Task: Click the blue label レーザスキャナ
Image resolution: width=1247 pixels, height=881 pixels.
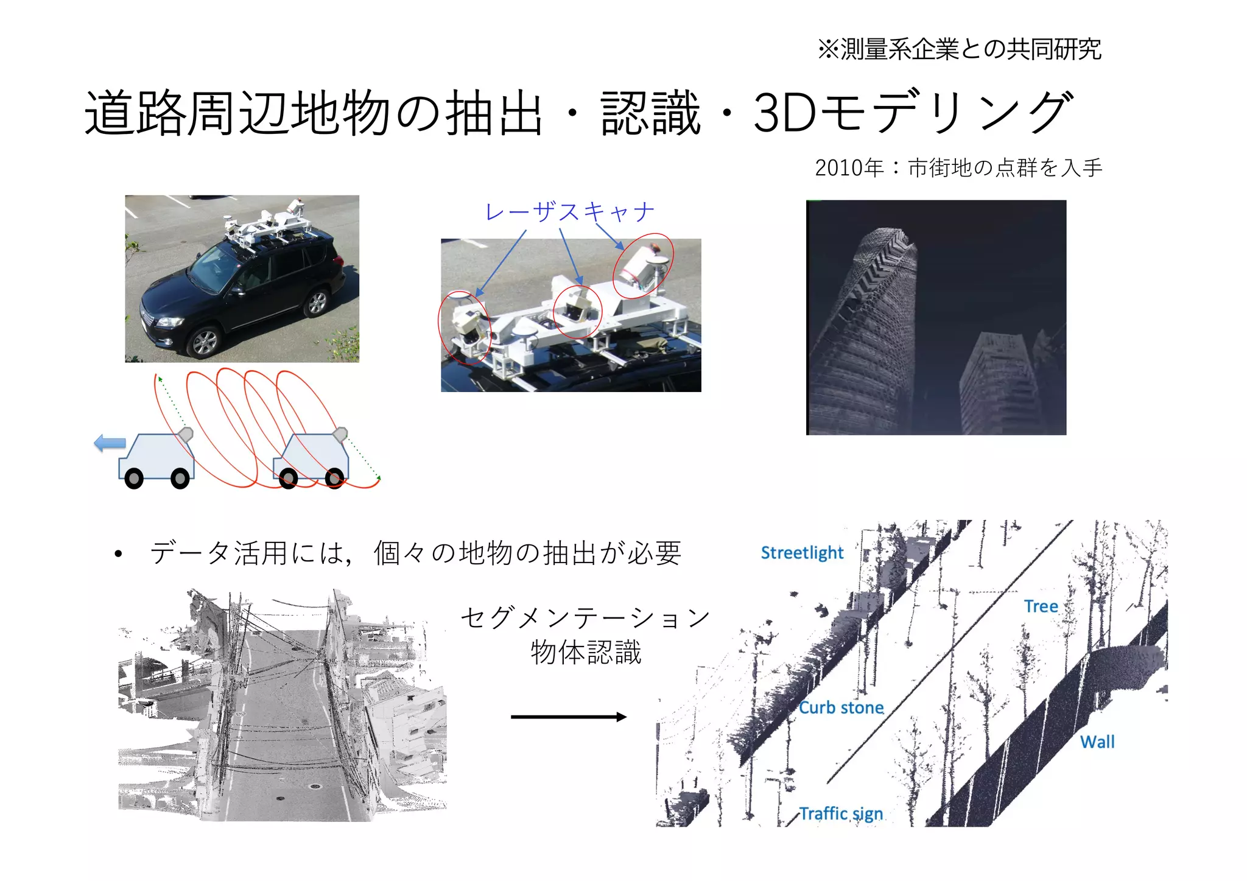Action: point(569,212)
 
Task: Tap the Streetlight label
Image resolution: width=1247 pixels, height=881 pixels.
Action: point(802,553)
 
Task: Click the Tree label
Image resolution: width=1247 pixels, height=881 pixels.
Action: point(1041,606)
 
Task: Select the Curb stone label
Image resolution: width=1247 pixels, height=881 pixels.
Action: point(841,707)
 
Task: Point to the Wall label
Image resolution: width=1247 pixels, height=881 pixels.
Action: point(1097,742)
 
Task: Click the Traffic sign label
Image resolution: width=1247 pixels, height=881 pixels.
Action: point(840,813)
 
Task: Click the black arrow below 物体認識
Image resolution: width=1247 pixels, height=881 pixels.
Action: point(568,717)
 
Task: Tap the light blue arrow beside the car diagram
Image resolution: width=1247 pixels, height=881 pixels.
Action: point(110,443)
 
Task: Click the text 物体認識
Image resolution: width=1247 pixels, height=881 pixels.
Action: point(586,652)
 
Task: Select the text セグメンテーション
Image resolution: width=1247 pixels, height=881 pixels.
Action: point(585,617)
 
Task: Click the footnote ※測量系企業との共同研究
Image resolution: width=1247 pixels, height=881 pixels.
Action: point(960,49)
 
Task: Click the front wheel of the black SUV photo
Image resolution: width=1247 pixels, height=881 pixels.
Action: point(205,342)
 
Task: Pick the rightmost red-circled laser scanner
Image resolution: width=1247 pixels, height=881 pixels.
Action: point(642,265)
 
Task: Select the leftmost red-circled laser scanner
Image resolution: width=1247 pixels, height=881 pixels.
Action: point(464,328)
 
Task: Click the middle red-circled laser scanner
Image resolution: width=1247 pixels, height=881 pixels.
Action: point(577,311)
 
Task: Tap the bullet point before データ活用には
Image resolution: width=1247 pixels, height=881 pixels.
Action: point(118,554)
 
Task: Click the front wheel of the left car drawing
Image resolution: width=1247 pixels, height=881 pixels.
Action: point(134,479)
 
